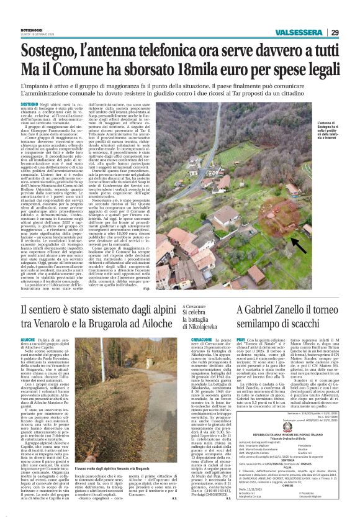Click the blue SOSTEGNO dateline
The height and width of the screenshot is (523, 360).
tap(29, 106)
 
